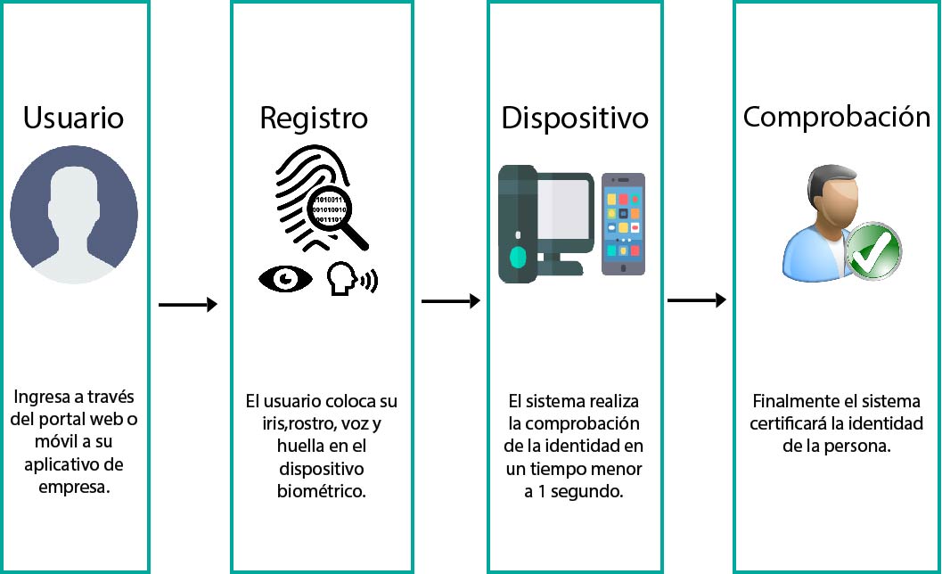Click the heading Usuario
pos(73,117)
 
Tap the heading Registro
pos(314,119)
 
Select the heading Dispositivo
pos(575,119)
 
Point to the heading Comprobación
pos(837,117)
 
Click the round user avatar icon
pos(74,215)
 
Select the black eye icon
pos(285,279)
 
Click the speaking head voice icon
pos(352,278)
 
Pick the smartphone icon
pos(623,224)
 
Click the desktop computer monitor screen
pos(563,209)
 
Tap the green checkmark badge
pos(873,250)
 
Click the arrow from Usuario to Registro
pos(187,305)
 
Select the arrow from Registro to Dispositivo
pos(451,301)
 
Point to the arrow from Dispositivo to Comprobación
pos(697,299)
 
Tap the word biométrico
pos(321,491)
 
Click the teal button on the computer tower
pos(518,258)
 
